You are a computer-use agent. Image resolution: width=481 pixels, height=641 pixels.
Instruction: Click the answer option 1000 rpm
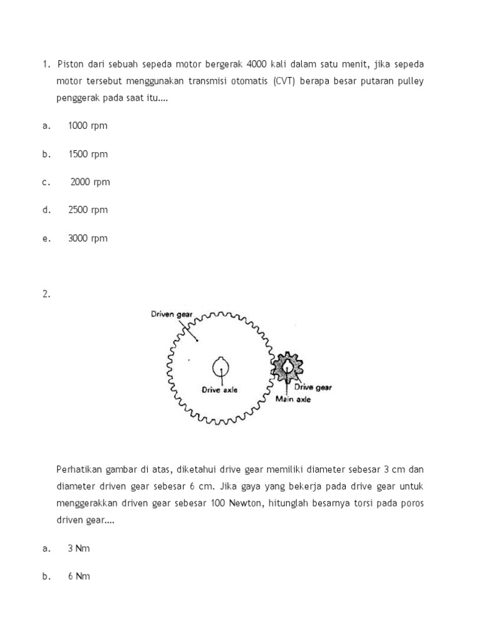point(88,125)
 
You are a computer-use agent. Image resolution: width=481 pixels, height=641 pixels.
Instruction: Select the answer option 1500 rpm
point(88,154)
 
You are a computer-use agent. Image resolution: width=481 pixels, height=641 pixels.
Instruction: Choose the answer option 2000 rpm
point(90,182)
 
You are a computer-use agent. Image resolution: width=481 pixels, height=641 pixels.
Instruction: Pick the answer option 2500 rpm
point(88,210)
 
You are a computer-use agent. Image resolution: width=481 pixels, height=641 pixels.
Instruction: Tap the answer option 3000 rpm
point(88,238)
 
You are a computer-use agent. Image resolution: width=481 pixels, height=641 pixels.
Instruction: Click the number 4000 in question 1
point(257,64)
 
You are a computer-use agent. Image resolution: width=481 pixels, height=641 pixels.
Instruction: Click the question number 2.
point(46,294)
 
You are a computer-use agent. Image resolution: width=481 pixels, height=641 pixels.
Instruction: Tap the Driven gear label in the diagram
point(170,314)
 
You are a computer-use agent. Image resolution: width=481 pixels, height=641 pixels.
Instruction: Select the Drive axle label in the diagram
point(219,389)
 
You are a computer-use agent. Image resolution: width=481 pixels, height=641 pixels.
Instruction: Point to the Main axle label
point(293,399)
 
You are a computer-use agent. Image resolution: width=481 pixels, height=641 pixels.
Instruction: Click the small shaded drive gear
point(286,367)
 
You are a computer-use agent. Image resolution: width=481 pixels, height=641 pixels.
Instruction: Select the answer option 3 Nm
point(79,548)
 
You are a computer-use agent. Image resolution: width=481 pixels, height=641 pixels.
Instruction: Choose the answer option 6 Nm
point(79,577)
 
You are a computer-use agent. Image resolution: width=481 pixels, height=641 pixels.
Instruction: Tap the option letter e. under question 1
point(46,238)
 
